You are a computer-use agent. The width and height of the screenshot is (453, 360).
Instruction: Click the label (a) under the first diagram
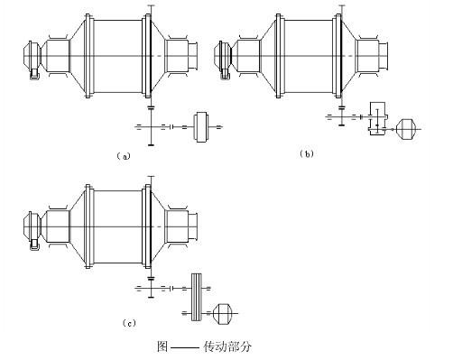click(x=124, y=156)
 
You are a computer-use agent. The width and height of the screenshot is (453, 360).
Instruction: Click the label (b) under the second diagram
click(x=307, y=154)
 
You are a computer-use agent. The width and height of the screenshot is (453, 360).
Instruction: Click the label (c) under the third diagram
click(x=129, y=323)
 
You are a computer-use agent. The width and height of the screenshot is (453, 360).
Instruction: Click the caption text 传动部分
click(x=227, y=346)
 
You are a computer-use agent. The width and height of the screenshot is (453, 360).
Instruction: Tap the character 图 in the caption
click(x=162, y=346)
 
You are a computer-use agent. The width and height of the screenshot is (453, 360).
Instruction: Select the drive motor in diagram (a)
click(x=201, y=126)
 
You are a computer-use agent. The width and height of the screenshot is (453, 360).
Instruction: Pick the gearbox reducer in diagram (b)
click(x=377, y=118)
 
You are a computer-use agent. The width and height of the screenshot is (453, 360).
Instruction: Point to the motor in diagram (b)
click(x=406, y=129)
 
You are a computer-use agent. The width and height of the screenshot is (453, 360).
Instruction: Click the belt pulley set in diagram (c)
click(x=197, y=297)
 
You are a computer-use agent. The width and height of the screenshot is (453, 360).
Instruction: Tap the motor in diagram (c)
click(x=223, y=314)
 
